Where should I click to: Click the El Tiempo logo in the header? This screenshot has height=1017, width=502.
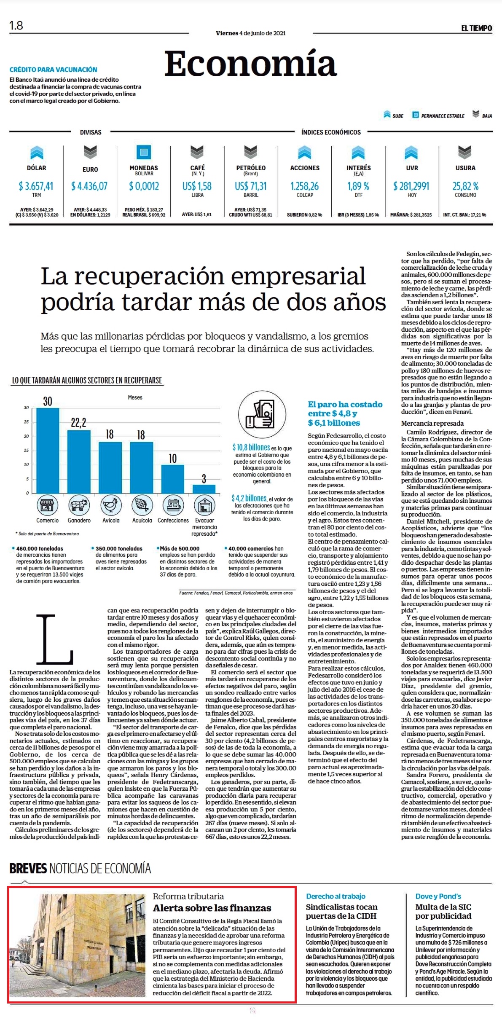click(476, 28)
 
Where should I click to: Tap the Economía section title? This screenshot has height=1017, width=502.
click(250, 64)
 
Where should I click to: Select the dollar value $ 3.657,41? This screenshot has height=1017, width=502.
click(36, 186)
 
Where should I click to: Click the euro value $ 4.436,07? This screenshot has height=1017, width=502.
click(89, 186)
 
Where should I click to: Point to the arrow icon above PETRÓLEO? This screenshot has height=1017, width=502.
click(251, 152)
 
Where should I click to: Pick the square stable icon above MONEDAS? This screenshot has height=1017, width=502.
click(144, 152)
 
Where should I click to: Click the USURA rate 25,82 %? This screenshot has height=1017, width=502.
click(465, 186)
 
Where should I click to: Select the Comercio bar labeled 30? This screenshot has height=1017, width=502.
click(48, 451)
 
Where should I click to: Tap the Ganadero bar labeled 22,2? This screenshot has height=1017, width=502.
click(79, 462)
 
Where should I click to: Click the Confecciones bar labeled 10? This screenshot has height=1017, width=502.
click(172, 479)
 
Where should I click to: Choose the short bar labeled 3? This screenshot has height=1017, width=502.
click(204, 489)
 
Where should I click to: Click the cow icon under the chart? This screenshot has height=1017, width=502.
click(79, 505)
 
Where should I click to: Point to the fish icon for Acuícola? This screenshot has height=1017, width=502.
click(142, 505)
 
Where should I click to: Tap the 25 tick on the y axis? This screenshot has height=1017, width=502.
click(27, 422)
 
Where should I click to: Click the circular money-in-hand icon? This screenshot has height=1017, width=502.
click(261, 414)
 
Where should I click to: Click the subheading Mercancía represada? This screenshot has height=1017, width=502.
click(432, 423)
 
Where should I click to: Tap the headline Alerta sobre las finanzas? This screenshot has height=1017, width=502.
click(212, 908)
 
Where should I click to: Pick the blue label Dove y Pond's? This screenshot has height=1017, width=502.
click(438, 896)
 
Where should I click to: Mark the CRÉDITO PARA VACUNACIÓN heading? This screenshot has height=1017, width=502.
click(53, 70)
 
